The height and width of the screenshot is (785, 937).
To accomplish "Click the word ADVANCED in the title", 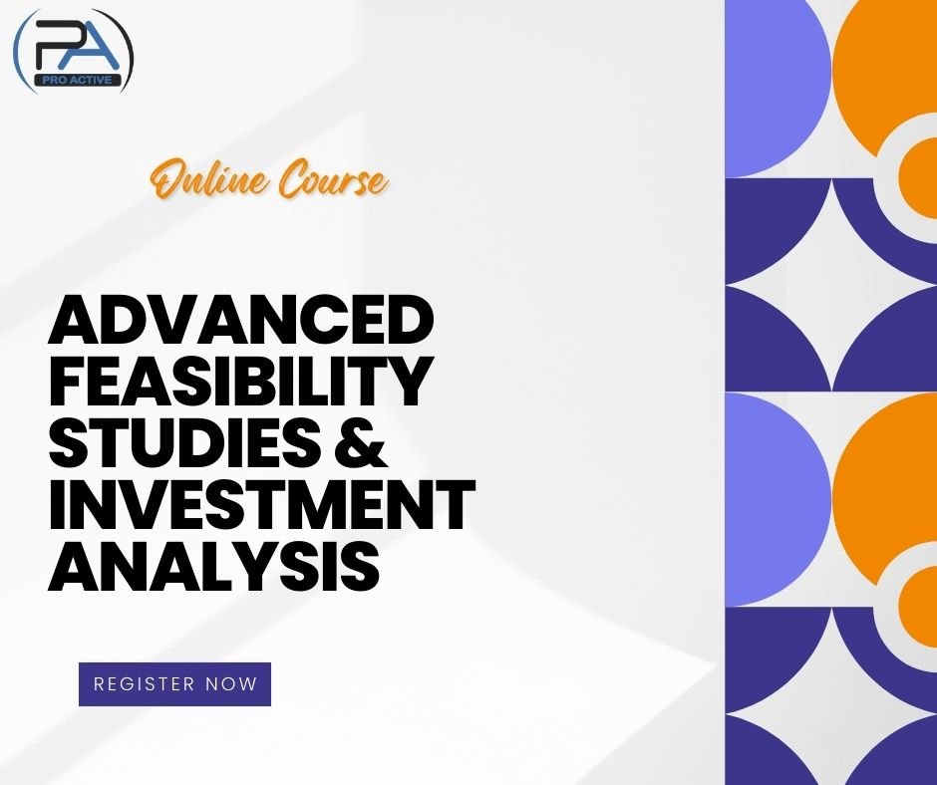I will pos(241,324).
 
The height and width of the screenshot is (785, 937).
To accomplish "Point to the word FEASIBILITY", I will pos(241,384).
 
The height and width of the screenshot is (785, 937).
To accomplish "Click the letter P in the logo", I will pos(52,47).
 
